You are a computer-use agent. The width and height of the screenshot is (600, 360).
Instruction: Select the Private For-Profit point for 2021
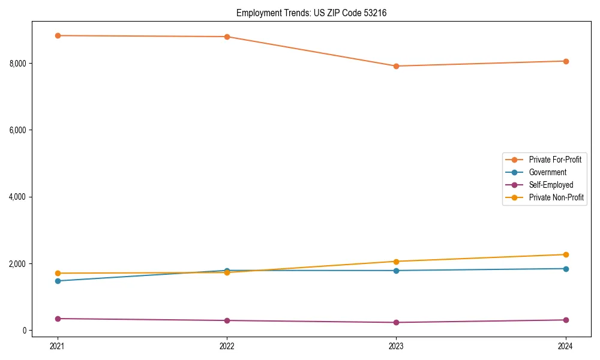point(58,35)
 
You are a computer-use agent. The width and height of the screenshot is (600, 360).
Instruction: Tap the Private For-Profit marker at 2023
point(396,66)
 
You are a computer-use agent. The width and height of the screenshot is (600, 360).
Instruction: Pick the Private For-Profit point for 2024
point(566,61)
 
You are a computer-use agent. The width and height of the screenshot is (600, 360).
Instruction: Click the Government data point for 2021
point(58,281)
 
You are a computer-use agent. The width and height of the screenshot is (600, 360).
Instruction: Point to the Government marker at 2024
point(566,269)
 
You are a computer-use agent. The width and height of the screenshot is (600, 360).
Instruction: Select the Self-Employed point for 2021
point(58,319)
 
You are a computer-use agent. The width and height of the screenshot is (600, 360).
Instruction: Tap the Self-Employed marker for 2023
point(396,322)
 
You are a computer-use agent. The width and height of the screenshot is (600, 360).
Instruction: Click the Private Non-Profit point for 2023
point(396,262)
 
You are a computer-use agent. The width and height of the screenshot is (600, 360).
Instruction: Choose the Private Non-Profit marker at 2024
point(566,254)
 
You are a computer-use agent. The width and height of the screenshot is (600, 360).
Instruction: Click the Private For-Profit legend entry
point(555,160)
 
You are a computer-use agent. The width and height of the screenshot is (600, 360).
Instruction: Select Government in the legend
point(547,172)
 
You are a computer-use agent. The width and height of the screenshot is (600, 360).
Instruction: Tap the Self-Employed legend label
point(551,185)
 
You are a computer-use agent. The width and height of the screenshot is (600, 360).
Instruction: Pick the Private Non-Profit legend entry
point(556,197)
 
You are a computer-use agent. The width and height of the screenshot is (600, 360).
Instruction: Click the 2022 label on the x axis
point(227,346)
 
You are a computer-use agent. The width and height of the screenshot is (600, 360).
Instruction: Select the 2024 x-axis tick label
point(566,346)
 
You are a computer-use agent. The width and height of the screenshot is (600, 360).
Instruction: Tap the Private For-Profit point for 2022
point(227,37)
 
